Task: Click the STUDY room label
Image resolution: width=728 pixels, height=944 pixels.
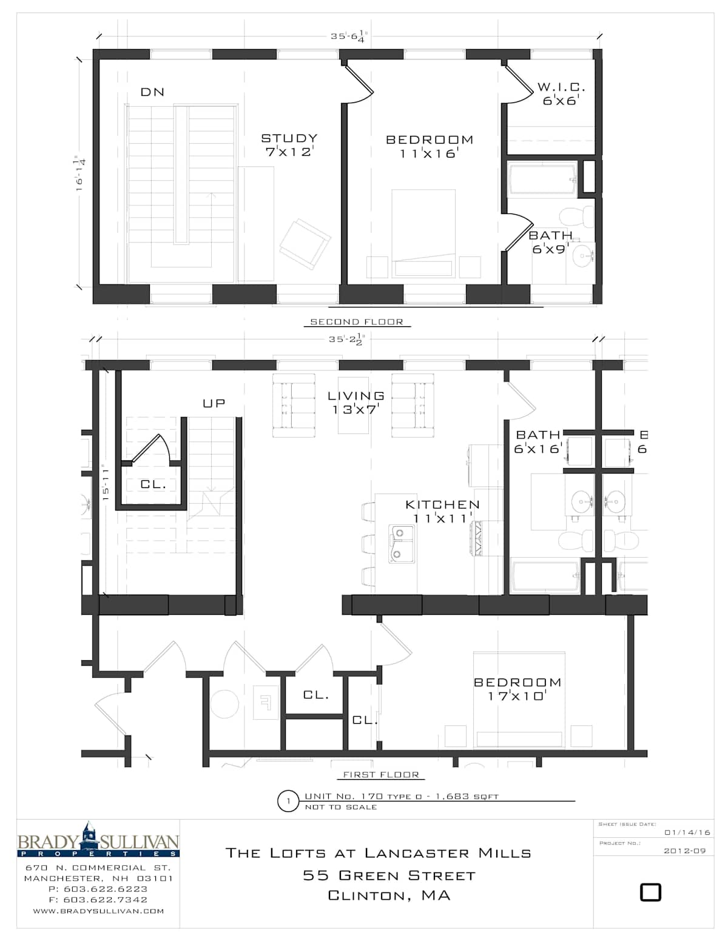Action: point(289,138)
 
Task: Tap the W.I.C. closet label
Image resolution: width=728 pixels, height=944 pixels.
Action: point(561,87)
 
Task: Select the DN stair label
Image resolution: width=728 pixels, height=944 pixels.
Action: point(152,92)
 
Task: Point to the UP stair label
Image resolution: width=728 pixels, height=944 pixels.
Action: point(214,403)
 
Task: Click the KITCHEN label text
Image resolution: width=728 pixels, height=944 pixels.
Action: point(442,504)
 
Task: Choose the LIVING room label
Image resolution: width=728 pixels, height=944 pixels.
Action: point(356,396)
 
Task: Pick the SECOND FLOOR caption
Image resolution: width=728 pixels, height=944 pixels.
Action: point(356,322)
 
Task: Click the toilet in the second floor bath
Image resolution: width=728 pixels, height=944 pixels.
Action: point(576,217)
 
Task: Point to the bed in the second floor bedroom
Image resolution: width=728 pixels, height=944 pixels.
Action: point(423,233)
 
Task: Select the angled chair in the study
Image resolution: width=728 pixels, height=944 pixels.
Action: point(305,244)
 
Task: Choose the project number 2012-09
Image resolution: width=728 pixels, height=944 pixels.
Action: point(684,851)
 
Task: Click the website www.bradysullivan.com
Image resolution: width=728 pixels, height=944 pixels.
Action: point(99,911)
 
